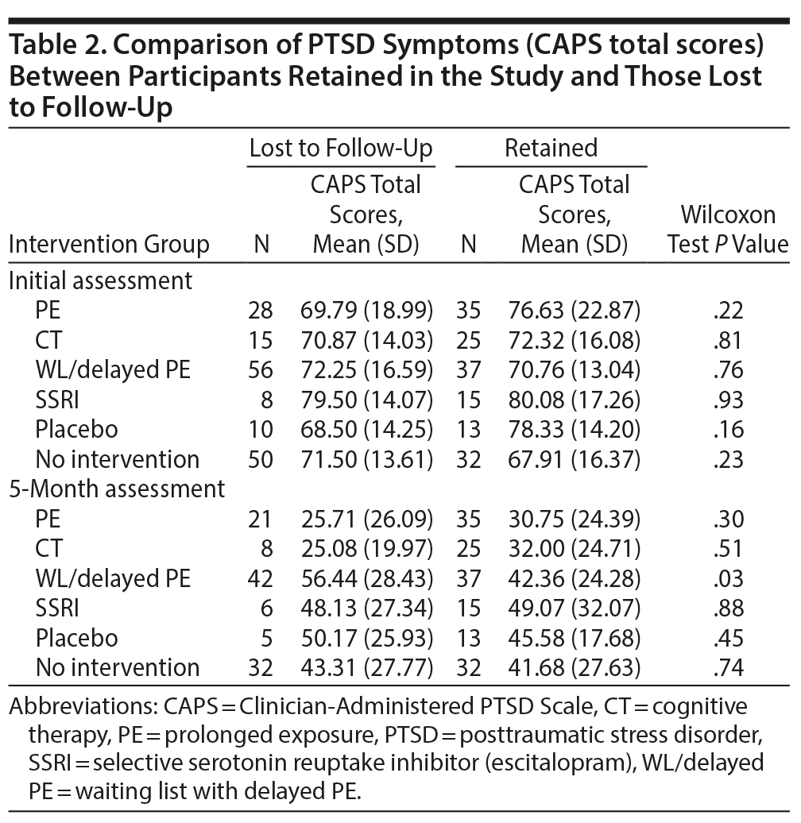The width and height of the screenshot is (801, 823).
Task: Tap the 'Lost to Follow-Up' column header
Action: pyautogui.click(x=341, y=149)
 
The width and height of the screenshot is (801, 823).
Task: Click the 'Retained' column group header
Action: pyautogui.click(x=551, y=149)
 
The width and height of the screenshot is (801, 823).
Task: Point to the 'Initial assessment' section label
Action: pyautogui.click(x=100, y=280)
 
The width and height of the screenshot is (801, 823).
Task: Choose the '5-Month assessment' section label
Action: pyautogui.click(x=117, y=489)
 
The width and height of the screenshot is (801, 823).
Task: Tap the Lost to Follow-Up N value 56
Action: pyautogui.click(x=260, y=370)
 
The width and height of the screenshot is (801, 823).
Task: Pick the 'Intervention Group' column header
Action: pyautogui.click(x=109, y=245)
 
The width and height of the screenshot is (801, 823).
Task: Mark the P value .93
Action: pyautogui.click(x=728, y=400)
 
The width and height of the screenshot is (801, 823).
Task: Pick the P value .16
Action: pyautogui.click(x=728, y=430)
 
